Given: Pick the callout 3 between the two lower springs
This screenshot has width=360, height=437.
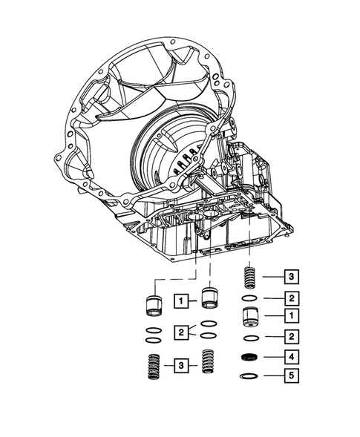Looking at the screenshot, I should (x=180, y=364).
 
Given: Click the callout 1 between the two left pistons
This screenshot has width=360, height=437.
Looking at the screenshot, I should (x=180, y=300).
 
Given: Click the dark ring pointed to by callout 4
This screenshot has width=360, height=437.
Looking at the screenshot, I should (x=251, y=358).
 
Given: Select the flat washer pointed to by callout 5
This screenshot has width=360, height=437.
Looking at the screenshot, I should (x=251, y=376).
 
